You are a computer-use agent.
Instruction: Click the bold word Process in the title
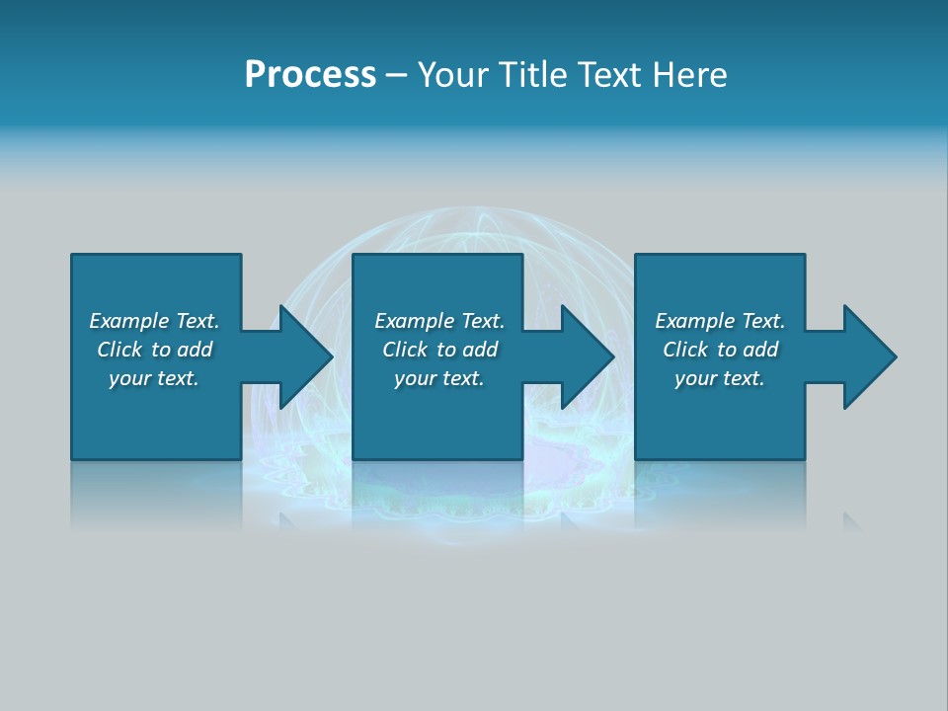pyautogui.click(x=310, y=75)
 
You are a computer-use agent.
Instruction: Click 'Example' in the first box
pyautogui.click(x=129, y=321)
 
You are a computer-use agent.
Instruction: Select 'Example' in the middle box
pyautogui.click(x=415, y=321)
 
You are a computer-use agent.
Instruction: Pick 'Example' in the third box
pyautogui.click(x=695, y=321)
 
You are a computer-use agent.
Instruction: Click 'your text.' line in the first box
pyautogui.click(x=154, y=378)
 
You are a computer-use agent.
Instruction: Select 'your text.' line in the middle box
pyautogui.click(x=438, y=378)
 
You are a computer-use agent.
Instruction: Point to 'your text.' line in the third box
pyautogui.click(x=720, y=378)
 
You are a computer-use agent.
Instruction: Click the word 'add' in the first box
pyautogui.click(x=195, y=350)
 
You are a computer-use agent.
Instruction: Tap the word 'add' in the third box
pyautogui.click(x=760, y=350)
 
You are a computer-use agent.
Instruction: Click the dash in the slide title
pyautogui.click(x=396, y=75)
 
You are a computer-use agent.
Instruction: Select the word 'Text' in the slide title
pyautogui.click(x=606, y=75)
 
